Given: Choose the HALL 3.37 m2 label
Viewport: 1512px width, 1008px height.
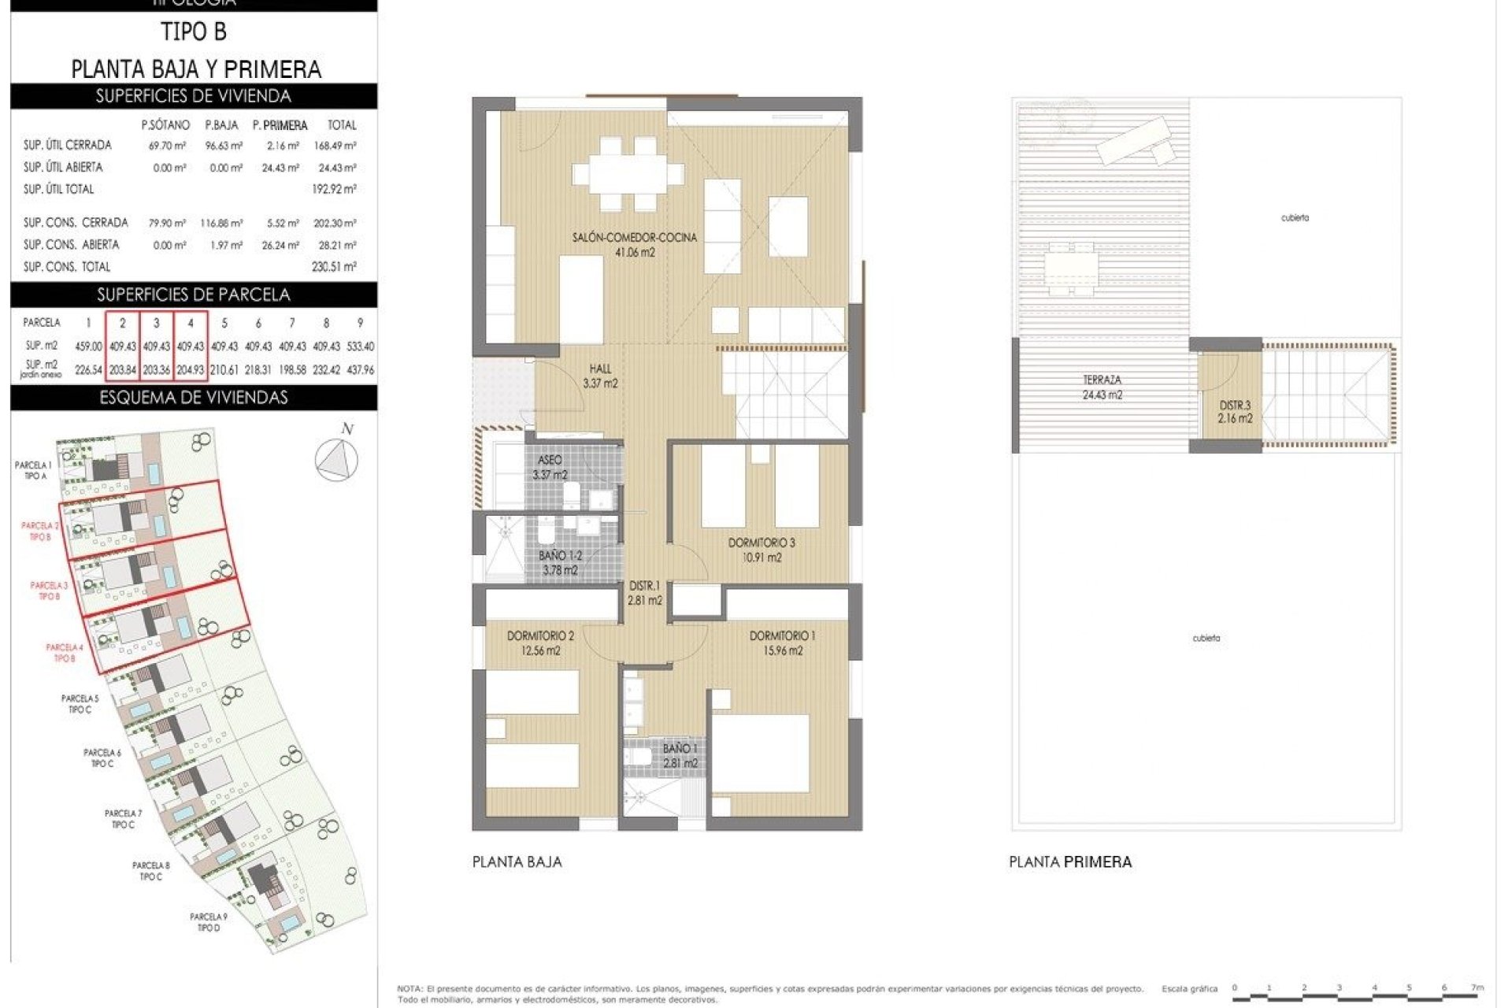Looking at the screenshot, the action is (x=600, y=376).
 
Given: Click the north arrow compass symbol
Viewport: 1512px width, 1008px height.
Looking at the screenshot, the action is (x=337, y=458).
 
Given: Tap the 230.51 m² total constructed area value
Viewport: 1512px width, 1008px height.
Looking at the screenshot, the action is (x=334, y=267).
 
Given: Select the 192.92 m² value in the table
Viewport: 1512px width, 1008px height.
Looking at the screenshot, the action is (x=334, y=189).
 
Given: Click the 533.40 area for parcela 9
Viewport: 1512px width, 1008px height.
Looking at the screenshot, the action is (x=360, y=346).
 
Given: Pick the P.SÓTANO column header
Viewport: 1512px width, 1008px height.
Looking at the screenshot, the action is (x=165, y=125).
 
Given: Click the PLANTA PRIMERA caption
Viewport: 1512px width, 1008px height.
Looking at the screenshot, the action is (x=1069, y=862).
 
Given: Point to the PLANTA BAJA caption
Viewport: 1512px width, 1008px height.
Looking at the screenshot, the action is (x=517, y=862).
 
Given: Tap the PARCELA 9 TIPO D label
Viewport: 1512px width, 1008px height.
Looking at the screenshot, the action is (x=208, y=922).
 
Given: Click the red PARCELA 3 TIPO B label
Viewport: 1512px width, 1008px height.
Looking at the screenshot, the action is (x=49, y=591).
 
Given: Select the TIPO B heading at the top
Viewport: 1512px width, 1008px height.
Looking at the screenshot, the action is (x=194, y=32).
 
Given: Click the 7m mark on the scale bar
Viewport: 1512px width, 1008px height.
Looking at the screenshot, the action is (x=1477, y=988).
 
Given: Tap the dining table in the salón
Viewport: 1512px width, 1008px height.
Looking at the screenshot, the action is (x=628, y=173).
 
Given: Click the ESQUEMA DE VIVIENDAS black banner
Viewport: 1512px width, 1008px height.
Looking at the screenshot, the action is (x=194, y=398).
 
